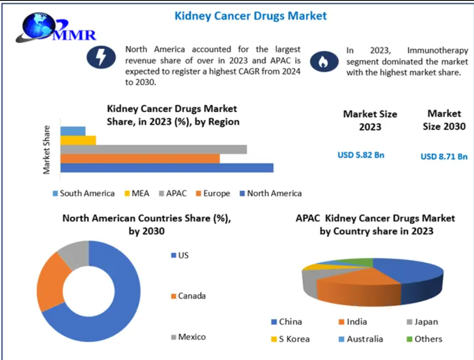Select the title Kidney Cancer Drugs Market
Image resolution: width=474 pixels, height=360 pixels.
(250, 16)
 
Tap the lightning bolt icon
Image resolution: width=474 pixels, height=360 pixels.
(100, 57)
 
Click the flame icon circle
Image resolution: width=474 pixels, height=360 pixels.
(324, 62)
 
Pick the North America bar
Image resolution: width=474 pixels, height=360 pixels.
(167, 168)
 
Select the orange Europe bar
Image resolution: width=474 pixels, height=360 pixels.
(140, 158)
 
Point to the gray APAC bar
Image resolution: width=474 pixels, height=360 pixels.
(153, 149)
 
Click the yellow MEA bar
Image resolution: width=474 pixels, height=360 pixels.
(78, 140)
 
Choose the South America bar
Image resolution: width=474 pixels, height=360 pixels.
(73, 131)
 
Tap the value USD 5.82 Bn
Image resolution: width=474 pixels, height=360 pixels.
(361, 155)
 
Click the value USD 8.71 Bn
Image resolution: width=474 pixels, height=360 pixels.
(444, 157)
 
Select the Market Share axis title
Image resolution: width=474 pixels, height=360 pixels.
(46, 149)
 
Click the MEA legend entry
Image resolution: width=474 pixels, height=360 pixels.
(137, 193)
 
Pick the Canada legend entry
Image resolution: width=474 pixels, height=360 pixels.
(188, 296)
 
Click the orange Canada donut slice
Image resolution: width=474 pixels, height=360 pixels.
(52, 281)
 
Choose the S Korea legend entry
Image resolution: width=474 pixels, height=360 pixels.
(290, 339)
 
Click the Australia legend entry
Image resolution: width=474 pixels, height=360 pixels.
(360, 339)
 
